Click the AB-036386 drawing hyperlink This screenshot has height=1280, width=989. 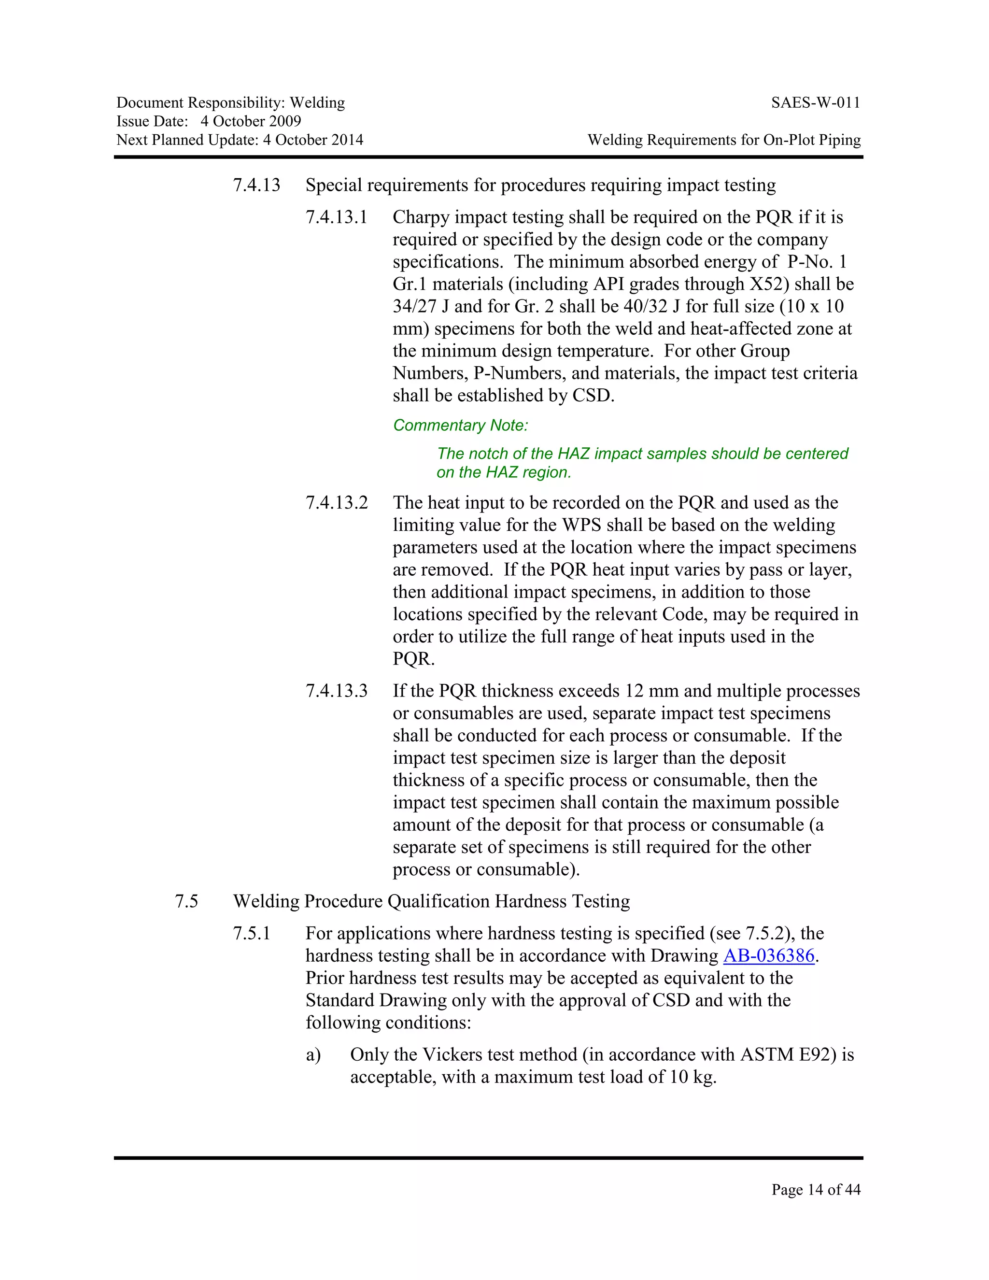coord(769,956)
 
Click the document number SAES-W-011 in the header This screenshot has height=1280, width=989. coord(816,103)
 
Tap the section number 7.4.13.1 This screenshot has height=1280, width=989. coord(336,217)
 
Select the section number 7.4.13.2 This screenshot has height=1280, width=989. coord(336,503)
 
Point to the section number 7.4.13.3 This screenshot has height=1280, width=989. coord(336,691)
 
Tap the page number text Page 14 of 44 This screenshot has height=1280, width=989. coord(816,1189)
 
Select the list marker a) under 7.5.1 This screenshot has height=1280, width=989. coord(313,1055)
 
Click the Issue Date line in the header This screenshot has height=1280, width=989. coord(209,121)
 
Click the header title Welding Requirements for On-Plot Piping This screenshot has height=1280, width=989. coord(724,140)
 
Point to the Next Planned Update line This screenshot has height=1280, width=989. coord(240,140)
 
